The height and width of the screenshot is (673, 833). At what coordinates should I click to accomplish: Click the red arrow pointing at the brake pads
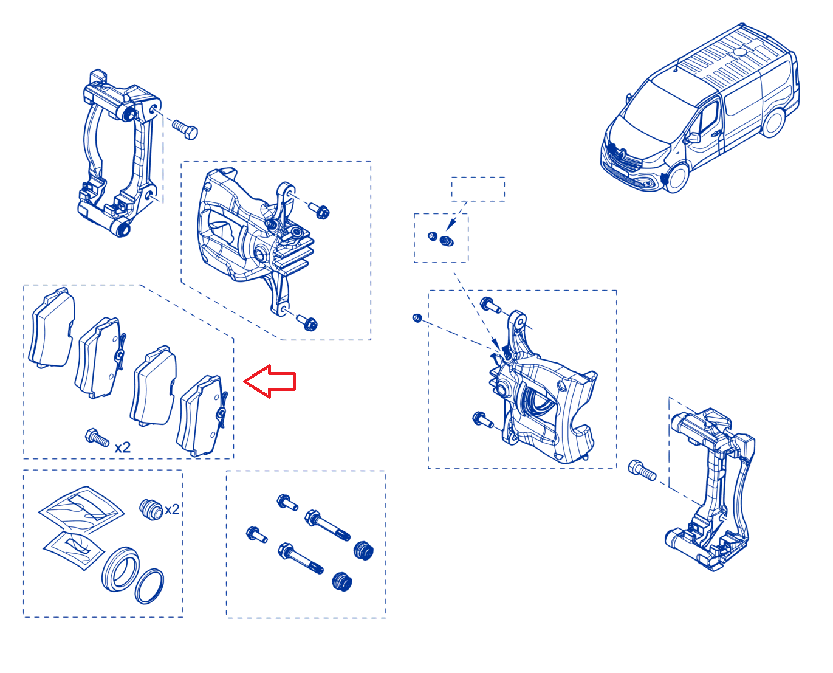(269, 381)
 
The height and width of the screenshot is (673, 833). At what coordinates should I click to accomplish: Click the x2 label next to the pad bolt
(122, 447)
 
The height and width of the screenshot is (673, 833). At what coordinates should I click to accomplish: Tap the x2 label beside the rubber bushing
(172, 509)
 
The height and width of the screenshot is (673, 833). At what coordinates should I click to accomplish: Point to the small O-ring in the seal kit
(149, 586)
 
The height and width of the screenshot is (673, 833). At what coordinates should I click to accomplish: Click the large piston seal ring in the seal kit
(120, 568)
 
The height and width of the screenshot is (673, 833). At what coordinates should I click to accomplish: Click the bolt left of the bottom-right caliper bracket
(642, 471)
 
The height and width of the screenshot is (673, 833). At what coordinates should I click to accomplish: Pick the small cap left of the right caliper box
(417, 318)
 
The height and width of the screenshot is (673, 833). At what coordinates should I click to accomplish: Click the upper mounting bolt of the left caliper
(319, 211)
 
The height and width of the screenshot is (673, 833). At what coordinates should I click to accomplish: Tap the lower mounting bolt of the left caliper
(307, 322)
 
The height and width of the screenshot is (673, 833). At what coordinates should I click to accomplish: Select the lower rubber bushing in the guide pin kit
(342, 581)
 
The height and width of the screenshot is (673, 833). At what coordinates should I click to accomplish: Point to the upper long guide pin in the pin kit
(327, 525)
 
